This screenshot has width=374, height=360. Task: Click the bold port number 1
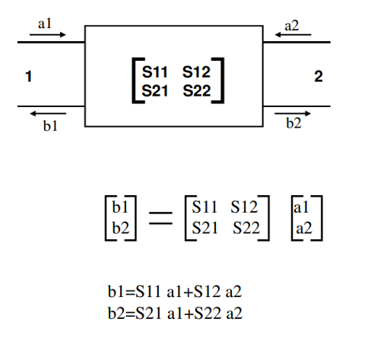pyautogui.click(x=28, y=77)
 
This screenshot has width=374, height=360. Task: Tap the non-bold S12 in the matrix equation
pyautogui.click(x=245, y=207)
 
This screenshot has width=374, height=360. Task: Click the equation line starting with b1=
pyautogui.click(x=174, y=292)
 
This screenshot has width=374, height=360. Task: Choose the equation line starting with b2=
pyautogui.click(x=174, y=313)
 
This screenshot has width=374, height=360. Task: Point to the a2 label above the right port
pyautogui.click(x=292, y=25)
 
